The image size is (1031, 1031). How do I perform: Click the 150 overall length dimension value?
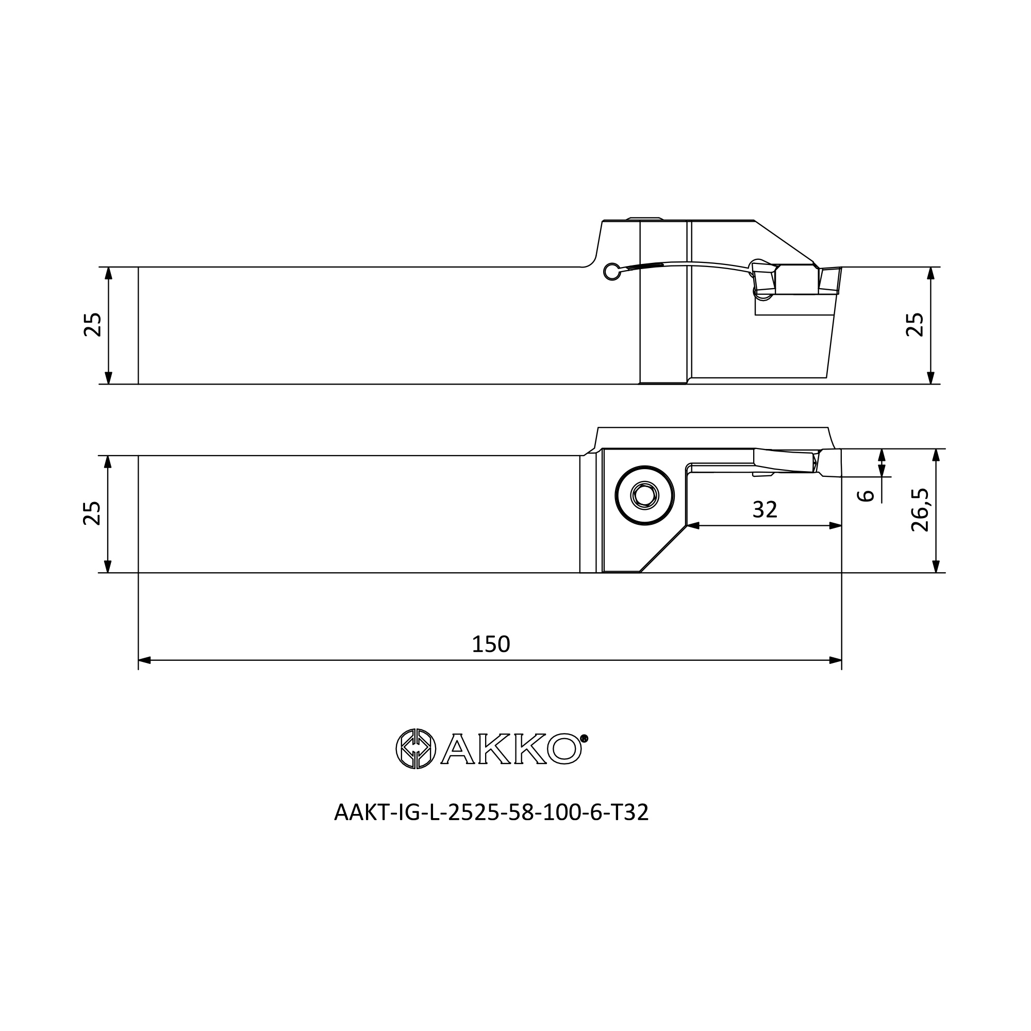[491, 645]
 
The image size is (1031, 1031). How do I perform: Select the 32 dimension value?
[764, 510]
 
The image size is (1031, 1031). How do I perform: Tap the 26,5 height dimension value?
[920, 510]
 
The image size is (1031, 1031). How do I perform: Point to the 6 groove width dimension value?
[866, 496]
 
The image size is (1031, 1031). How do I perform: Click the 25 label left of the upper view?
[93, 324]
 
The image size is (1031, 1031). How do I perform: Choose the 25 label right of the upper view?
[915, 324]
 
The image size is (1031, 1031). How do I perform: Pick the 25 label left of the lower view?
[92, 513]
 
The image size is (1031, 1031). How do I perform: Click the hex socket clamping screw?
[645, 496]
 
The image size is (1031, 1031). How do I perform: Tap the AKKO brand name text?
[511, 749]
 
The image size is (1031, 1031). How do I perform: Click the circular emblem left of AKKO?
[416, 749]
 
